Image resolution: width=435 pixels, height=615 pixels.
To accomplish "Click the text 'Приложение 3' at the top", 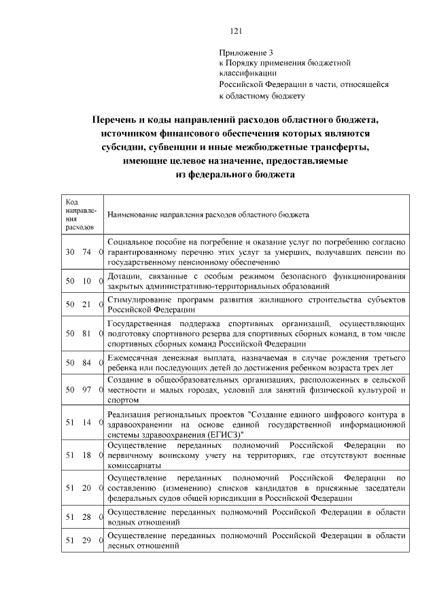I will (x=245, y=52).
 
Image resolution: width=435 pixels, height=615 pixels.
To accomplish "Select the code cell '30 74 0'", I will (x=83, y=252).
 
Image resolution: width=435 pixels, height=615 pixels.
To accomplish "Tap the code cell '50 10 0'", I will (x=83, y=281).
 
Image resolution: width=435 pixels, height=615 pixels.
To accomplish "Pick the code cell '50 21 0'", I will (x=83, y=304).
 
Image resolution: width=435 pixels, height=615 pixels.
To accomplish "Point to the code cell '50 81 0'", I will (x=83, y=334).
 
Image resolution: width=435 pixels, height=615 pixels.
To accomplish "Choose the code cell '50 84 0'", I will (x=83, y=363).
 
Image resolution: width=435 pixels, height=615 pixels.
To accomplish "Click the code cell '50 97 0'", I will (x=83, y=390).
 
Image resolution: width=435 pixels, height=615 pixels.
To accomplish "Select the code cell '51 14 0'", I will (x=83, y=423).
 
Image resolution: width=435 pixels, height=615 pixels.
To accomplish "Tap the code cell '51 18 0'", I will (x=83, y=455).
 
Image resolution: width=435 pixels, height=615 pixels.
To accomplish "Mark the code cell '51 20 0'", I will (x=83, y=488).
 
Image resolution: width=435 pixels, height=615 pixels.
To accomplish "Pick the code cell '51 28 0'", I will (x=83, y=517).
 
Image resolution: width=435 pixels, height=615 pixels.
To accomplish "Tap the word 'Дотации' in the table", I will (x=124, y=276).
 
